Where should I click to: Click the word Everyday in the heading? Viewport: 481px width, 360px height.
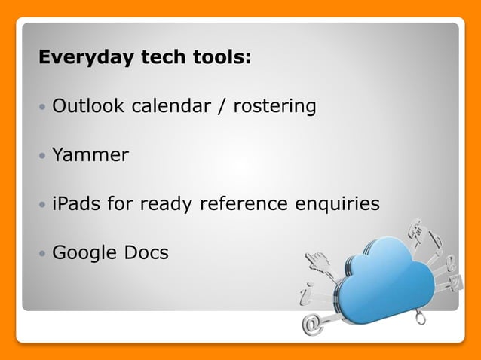pyautogui.click(x=76, y=58)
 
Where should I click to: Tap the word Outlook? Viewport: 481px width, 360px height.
pyautogui.click(x=89, y=106)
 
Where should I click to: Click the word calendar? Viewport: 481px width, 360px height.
pyautogui.click(x=171, y=106)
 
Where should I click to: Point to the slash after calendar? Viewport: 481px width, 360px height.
pyautogui.click(x=222, y=106)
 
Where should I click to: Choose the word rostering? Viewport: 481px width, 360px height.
pyautogui.click(x=274, y=107)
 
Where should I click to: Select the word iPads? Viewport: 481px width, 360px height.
pyautogui.click(x=77, y=203)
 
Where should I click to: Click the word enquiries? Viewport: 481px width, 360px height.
pyautogui.click(x=340, y=204)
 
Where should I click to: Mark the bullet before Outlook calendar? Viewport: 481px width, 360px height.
pyautogui.click(x=42, y=108)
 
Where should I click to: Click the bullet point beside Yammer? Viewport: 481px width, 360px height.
pyautogui.click(x=42, y=157)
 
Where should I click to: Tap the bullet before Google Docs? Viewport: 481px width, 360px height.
pyautogui.click(x=42, y=254)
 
